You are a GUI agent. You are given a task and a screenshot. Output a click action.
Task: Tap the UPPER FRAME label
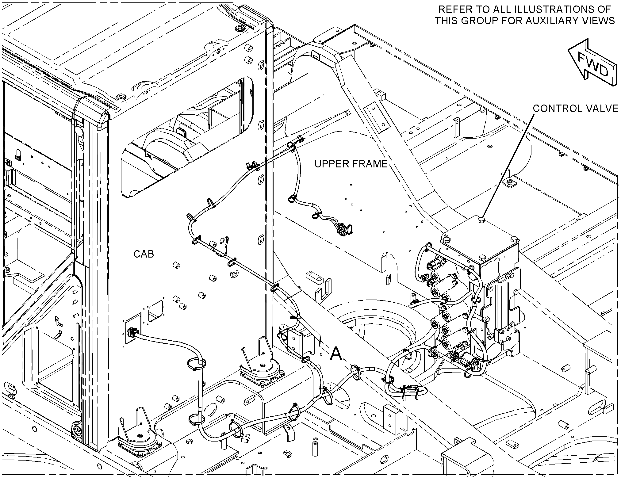click(x=351, y=164)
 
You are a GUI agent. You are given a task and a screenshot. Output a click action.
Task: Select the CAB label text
click(x=144, y=254)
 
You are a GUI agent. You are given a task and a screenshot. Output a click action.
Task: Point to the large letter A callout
click(x=336, y=354)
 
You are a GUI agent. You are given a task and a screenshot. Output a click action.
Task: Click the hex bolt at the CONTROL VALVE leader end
click(x=481, y=220)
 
